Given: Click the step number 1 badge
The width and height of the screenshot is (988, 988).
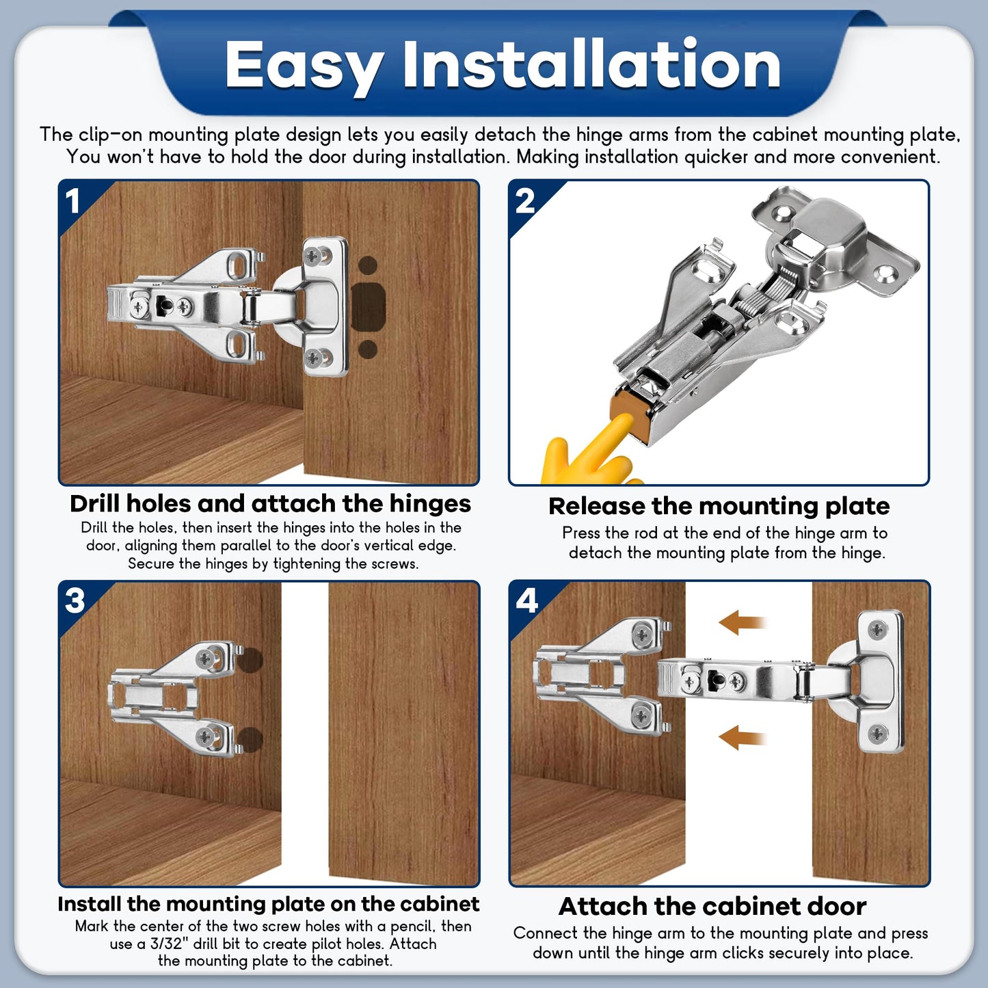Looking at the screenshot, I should (x=73, y=201).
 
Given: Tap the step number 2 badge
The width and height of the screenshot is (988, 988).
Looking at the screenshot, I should (x=524, y=201).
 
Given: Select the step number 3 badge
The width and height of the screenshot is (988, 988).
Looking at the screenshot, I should (x=75, y=601).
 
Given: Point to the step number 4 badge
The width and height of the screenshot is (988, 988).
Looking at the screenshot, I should (x=526, y=601).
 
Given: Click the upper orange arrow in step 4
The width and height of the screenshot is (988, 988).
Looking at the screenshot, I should (x=741, y=623).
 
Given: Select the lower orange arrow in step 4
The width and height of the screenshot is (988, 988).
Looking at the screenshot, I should (x=741, y=738).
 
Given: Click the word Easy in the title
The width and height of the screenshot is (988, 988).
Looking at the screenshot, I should (x=303, y=66).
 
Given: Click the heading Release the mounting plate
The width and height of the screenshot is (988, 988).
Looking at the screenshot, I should (x=719, y=506).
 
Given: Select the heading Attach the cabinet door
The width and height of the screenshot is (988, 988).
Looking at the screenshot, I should (x=712, y=906).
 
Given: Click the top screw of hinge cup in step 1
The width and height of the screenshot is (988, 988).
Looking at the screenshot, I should (x=315, y=256).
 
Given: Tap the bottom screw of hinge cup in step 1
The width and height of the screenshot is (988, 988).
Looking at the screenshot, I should (x=315, y=357).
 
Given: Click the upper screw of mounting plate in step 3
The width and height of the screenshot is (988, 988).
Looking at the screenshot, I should (x=205, y=659).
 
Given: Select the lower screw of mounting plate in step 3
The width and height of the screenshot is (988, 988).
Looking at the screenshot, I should (x=205, y=736).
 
